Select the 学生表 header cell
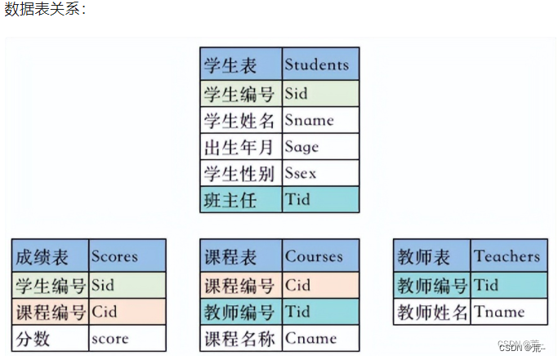pos(241,64)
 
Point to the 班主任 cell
pos(241,200)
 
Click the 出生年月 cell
pos(241,147)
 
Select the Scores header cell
pos(127,256)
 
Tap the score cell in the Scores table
pos(127,338)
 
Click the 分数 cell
pos(50,338)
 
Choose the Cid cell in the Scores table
pos(127,311)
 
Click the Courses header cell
pos(320,256)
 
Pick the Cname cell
pos(320,338)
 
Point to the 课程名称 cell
pos(241,338)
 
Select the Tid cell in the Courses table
pos(320,311)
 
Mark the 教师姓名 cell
pos(432,311)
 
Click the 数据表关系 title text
pos(45,11)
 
